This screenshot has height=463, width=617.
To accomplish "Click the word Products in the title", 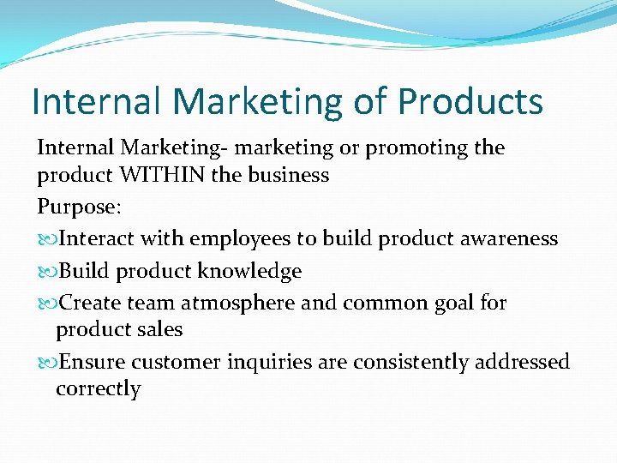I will pyautogui.click(x=470, y=102).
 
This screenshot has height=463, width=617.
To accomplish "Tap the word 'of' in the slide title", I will pyautogui.click(x=371, y=102).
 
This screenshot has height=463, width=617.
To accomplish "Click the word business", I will pyautogui.click(x=288, y=176).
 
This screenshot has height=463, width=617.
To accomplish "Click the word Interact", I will pyautogui.click(x=99, y=238).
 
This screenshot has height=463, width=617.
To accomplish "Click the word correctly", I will pyautogui.click(x=98, y=389).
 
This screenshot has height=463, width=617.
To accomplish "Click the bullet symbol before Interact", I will pyautogui.click(x=46, y=239).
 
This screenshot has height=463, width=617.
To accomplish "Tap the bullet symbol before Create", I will pyautogui.click(x=46, y=304).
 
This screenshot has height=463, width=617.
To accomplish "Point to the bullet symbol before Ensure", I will pyautogui.click(x=46, y=363).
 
